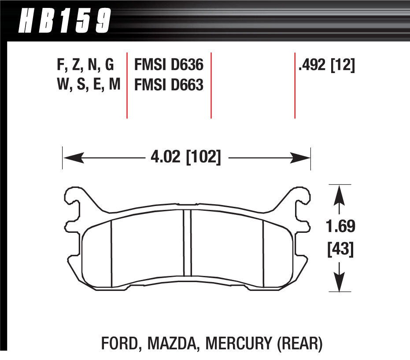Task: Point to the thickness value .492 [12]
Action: pos(326,66)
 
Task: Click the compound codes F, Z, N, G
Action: pos(85,66)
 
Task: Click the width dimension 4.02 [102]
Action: pos(185,157)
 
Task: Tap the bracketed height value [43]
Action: pos(340,250)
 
